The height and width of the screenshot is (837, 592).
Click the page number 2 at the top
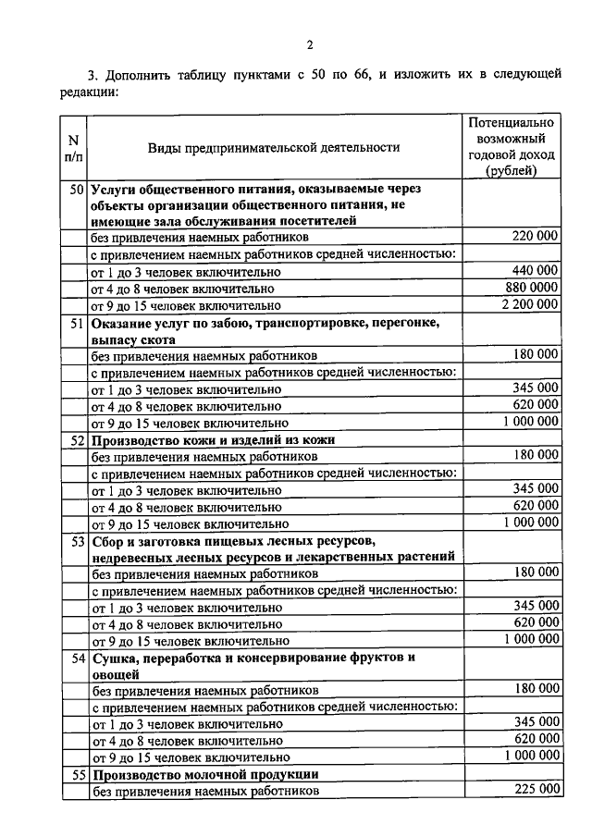(x=310, y=44)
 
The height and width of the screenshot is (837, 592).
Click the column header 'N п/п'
(x=72, y=147)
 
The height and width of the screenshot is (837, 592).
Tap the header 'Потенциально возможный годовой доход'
(x=512, y=146)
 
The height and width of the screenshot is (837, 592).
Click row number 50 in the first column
(x=77, y=188)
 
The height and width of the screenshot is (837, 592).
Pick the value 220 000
(x=535, y=237)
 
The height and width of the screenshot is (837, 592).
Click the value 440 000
(x=535, y=270)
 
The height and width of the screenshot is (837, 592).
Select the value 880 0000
(x=531, y=287)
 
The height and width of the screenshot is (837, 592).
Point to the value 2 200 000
(x=530, y=303)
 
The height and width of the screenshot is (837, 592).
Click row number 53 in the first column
(x=77, y=539)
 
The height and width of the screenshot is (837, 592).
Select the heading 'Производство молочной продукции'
(x=204, y=774)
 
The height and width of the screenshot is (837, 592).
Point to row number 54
(x=77, y=658)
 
